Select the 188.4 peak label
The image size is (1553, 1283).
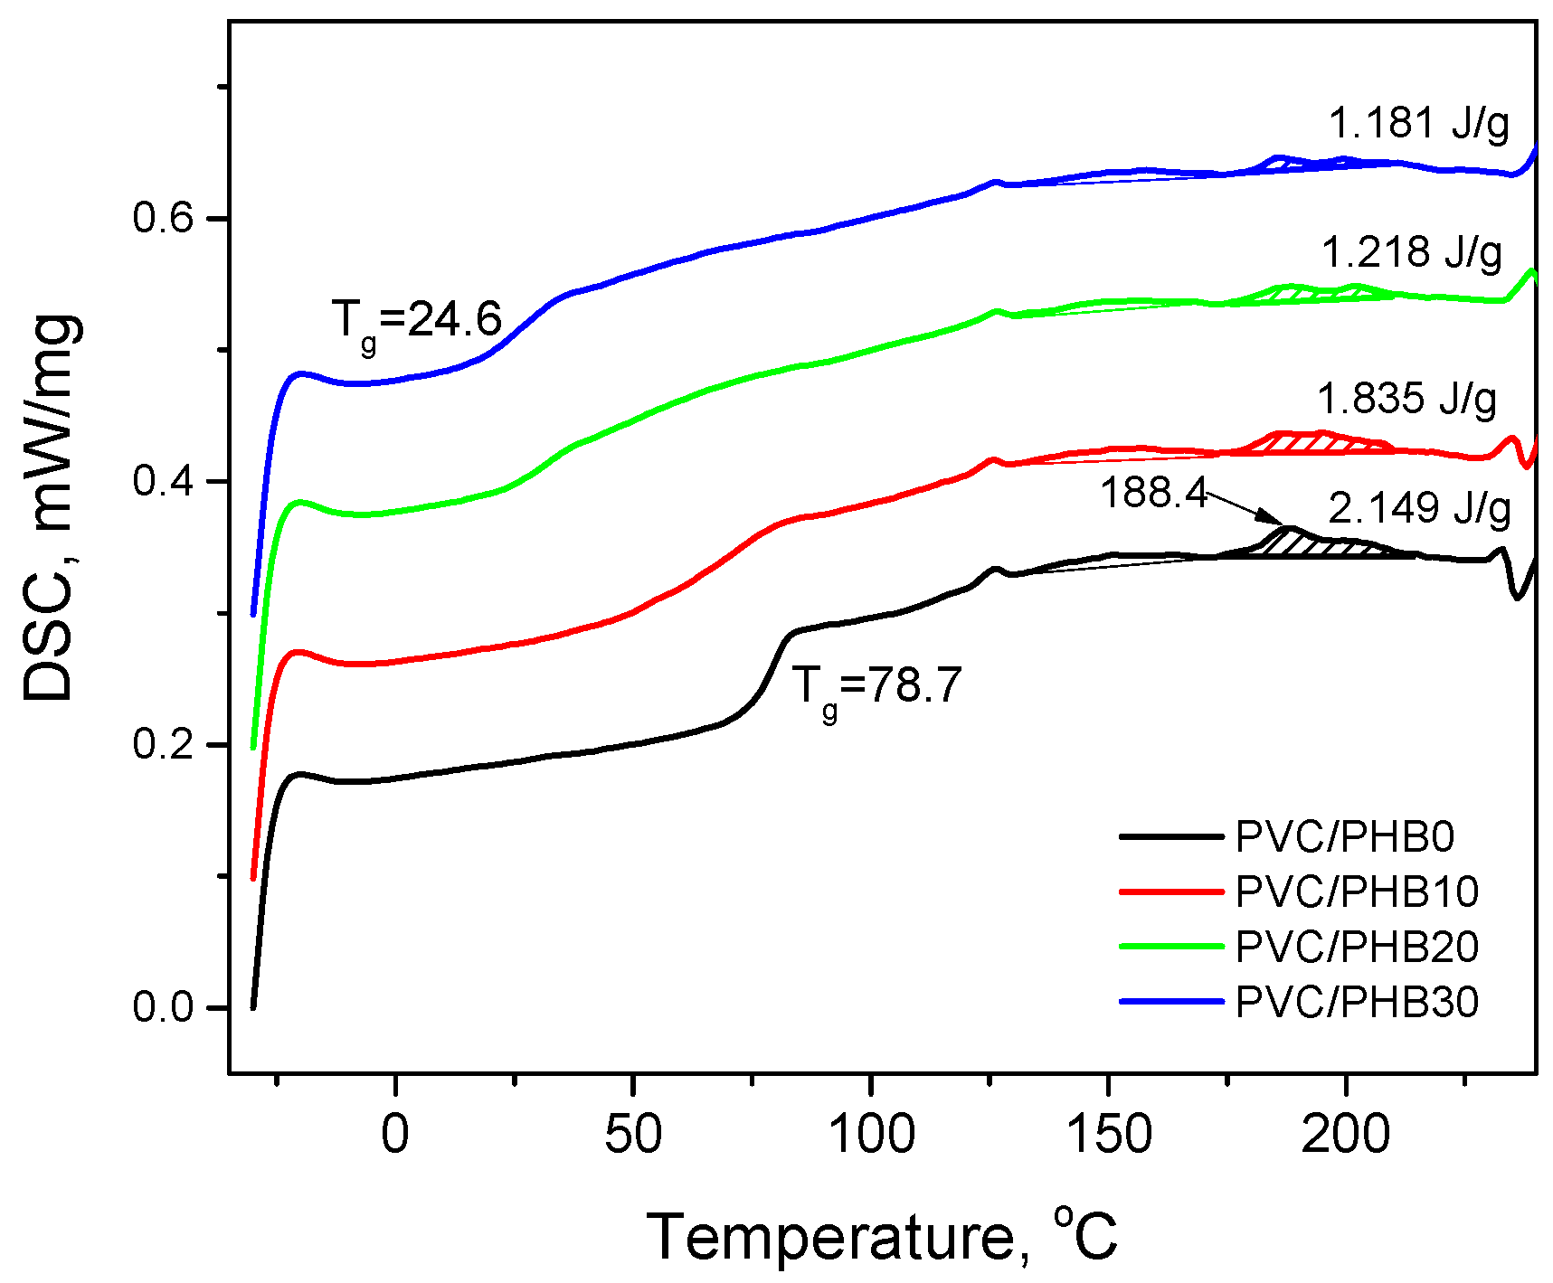point(1153,494)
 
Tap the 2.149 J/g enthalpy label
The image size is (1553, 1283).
point(1419,509)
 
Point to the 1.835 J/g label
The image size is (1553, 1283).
point(1406,399)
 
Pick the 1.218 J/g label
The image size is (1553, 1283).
point(1412,253)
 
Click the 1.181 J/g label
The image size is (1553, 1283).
point(1419,123)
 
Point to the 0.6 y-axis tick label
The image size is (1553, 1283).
point(164,218)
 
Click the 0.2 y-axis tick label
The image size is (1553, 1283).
point(164,744)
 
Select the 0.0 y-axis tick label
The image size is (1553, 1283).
point(164,1007)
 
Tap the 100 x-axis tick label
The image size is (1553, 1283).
point(871,1135)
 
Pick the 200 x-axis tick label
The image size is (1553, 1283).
point(1346,1135)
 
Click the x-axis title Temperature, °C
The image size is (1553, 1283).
point(882,1236)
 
